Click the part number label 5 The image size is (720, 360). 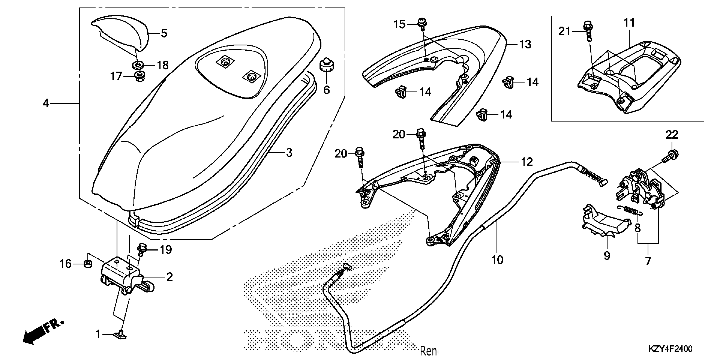(164, 33)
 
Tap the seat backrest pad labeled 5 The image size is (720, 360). (123, 33)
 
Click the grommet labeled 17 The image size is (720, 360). (139, 76)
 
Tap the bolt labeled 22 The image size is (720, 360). (672, 155)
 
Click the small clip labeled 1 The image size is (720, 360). (120, 334)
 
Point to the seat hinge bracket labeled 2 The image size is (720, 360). (123, 275)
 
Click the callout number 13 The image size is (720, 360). (525, 44)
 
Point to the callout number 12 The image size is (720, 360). (527, 162)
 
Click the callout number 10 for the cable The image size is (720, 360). (497, 260)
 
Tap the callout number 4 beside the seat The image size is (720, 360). (46, 104)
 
